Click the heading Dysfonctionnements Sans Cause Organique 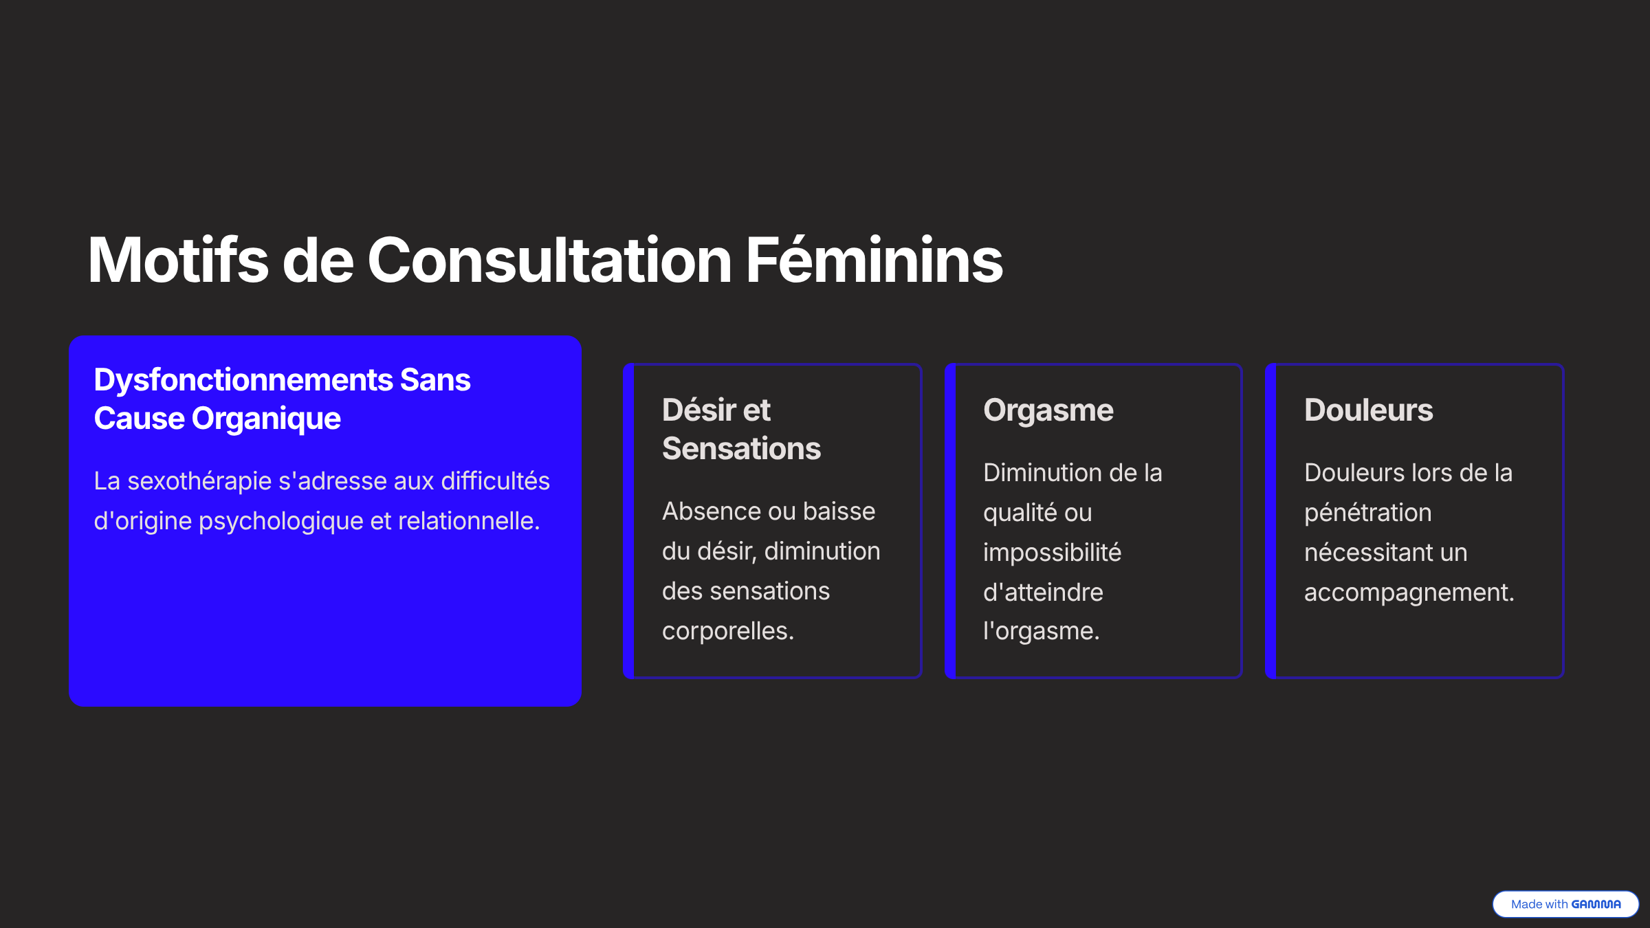[x=282, y=399]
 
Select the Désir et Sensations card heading [x=741, y=429]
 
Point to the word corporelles [x=727, y=631]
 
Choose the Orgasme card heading [x=1048, y=411]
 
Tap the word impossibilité [x=1052, y=553]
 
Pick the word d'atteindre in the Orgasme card [x=1043, y=593]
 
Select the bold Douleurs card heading [x=1368, y=410]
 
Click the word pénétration [x=1367, y=513]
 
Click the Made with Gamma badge [x=1565, y=904]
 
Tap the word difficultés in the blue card [x=495, y=481]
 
